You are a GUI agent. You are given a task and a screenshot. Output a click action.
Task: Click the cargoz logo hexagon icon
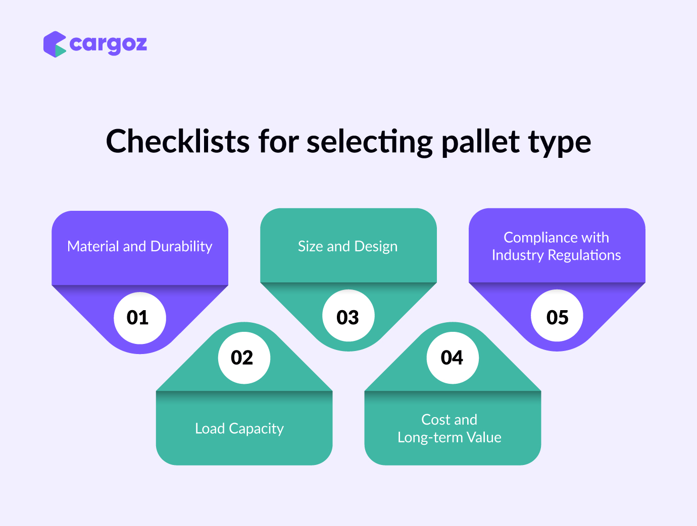pos(55,44)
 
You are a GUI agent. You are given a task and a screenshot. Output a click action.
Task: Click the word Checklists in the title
pos(178,141)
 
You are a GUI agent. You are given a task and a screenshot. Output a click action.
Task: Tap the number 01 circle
pos(140,318)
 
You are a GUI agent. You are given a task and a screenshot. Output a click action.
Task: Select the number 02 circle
pos(244,358)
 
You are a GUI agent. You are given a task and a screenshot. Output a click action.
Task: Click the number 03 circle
pos(349,316)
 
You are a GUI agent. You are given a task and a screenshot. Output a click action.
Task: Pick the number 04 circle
pos(453,358)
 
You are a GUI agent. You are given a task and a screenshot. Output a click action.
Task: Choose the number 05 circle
pos(557,316)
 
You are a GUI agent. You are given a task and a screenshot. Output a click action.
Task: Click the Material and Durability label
pos(140,247)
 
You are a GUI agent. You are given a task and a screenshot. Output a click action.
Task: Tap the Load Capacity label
pos(239,429)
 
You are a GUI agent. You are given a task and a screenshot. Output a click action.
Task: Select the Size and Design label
pos(347,247)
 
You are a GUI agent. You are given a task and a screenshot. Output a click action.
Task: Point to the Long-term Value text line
pos(450,438)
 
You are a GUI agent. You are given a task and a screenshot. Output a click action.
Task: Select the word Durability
pos(181,247)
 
